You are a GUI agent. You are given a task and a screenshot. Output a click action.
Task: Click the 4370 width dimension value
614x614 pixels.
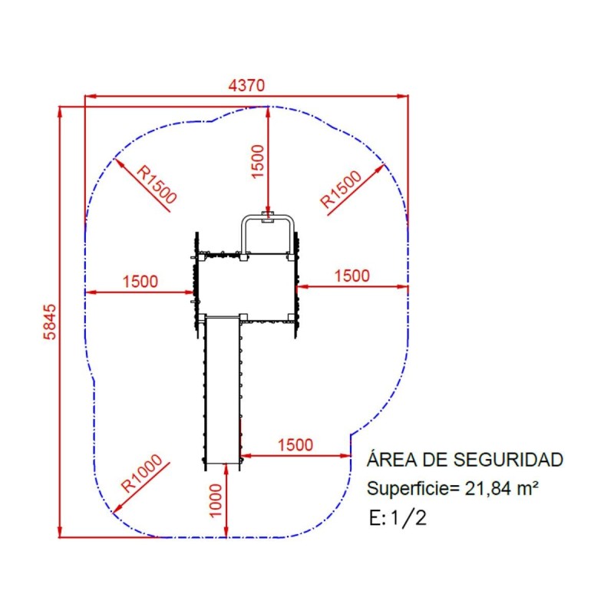[246, 85]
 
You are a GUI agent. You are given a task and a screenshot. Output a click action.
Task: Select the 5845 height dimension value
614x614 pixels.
[50, 322]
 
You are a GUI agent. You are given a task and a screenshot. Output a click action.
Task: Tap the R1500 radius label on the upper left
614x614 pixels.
[157, 185]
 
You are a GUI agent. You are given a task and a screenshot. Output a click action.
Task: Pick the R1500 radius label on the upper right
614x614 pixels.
[341, 189]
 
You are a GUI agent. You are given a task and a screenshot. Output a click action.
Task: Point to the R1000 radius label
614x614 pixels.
[141, 473]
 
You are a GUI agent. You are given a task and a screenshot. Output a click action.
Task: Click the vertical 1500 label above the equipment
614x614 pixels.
[258, 162]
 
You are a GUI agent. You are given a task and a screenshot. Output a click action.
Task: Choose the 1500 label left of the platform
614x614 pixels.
[140, 281]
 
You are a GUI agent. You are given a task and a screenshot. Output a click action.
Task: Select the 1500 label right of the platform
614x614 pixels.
[352, 276]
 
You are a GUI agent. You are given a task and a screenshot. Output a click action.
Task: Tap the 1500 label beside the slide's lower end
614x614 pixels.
[295, 445]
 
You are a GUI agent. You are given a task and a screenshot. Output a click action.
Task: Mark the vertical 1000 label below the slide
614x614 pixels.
[216, 500]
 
